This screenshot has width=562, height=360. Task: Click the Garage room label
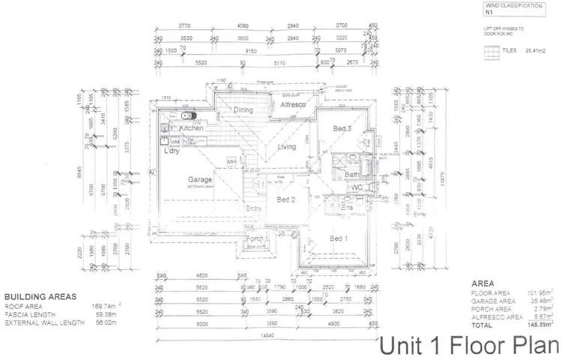click(x=200, y=180)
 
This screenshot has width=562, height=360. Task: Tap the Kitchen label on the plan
click(x=190, y=128)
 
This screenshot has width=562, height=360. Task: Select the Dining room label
click(x=243, y=110)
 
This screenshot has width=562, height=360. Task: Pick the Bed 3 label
click(x=342, y=129)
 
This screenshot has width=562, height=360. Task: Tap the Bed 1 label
click(x=339, y=238)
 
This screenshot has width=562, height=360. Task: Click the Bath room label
click(x=352, y=175)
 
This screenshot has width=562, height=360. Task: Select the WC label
click(x=357, y=187)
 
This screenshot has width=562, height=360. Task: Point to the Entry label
click(x=254, y=209)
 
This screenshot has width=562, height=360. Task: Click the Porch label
click(x=255, y=240)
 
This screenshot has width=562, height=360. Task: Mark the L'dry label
click(x=172, y=152)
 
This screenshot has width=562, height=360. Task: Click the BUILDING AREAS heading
click(x=40, y=297)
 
